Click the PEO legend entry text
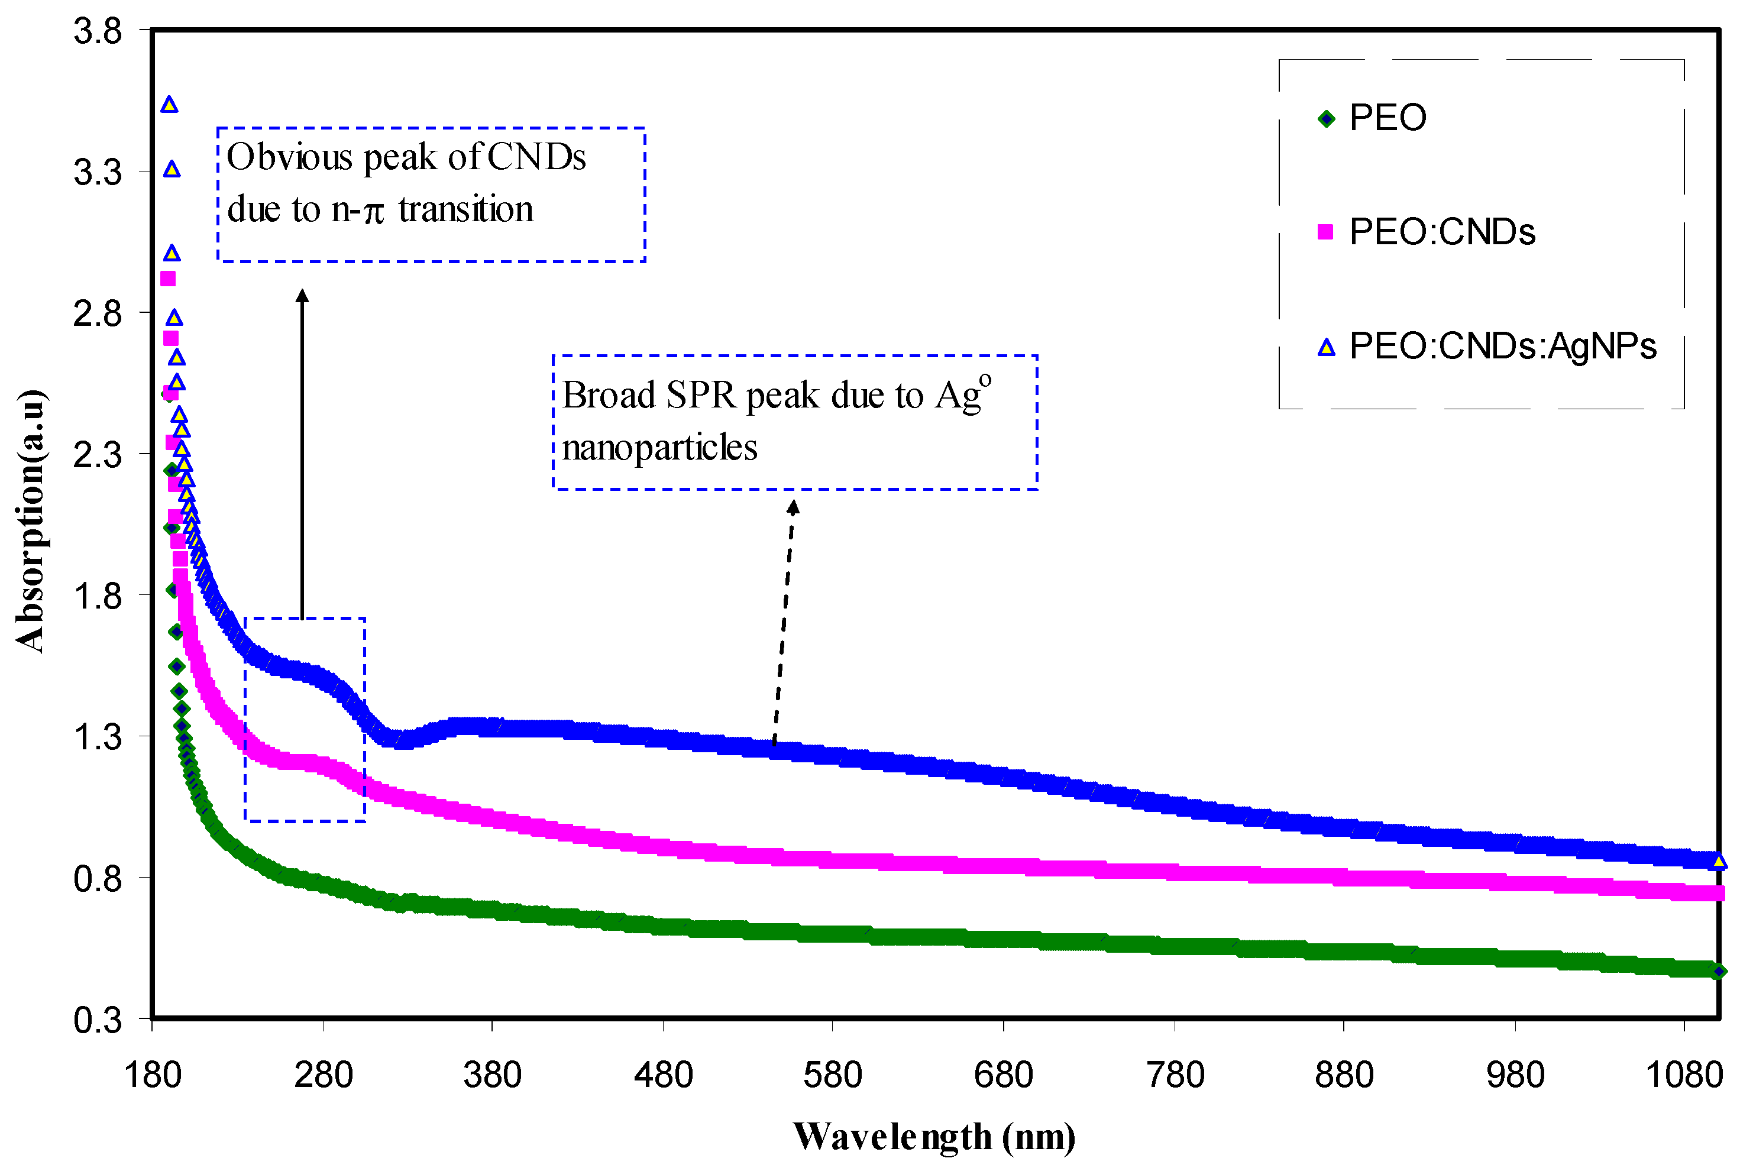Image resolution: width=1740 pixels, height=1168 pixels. tap(1387, 118)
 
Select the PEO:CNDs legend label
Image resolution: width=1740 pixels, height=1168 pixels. tap(1441, 232)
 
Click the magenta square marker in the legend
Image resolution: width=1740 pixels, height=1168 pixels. tap(1325, 232)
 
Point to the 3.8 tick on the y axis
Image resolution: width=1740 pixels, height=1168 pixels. tap(98, 31)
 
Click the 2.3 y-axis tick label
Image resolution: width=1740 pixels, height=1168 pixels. tap(98, 454)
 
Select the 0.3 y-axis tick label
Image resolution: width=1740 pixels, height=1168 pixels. tap(98, 1020)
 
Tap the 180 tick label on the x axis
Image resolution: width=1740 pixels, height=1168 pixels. tap(153, 1076)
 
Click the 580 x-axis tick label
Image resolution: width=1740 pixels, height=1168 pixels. tap(832, 1076)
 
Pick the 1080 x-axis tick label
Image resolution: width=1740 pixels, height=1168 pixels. tap(1683, 1076)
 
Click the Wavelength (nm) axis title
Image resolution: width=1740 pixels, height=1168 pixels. tap(934, 1137)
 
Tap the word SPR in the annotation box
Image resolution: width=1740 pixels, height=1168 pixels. tap(701, 396)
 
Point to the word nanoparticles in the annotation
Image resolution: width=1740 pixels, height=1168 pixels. tap(659, 448)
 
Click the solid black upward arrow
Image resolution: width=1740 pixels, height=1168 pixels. tap(302, 454)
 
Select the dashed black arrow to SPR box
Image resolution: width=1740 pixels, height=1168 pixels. tap(784, 622)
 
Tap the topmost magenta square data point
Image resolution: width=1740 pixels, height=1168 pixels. tap(169, 279)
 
